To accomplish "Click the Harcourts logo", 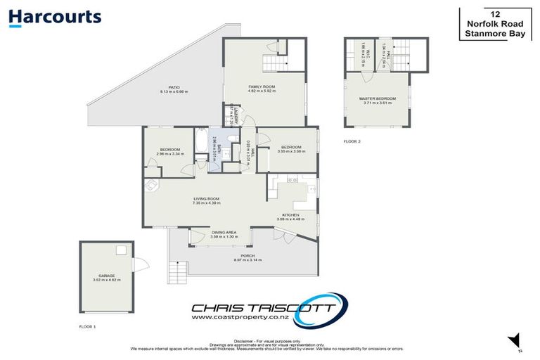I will tap(56, 18).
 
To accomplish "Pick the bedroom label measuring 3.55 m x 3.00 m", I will tap(290, 149).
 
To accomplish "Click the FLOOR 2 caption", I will tap(351, 141).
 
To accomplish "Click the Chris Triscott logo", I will tap(269, 307).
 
